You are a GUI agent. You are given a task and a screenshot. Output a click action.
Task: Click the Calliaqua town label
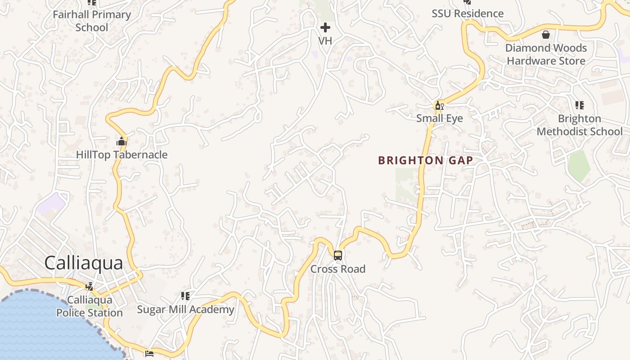coord(84,263)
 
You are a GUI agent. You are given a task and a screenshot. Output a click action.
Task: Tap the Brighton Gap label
coord(425,161)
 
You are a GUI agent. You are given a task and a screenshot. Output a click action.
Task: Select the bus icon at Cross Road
coord(338,256)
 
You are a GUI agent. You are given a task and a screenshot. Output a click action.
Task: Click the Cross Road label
coord(338,269)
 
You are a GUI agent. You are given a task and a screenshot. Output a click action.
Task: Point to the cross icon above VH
coord(325,28)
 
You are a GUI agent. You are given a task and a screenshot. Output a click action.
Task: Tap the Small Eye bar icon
coord(439,106)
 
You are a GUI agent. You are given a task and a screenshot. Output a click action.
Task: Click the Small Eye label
coord(440,118)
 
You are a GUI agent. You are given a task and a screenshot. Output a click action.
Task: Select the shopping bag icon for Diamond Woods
coord(546,35)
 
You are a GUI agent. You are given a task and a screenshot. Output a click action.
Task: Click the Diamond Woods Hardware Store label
coord(546,54)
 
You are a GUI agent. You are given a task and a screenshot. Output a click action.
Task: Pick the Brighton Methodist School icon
coord(580,105)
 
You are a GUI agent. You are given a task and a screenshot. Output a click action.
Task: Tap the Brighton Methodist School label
coord(580,125)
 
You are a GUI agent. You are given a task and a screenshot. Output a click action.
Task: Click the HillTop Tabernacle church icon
coord(121,142)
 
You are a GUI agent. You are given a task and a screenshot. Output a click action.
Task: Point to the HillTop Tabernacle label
coord(121,155)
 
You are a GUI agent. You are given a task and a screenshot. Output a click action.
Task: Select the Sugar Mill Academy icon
coord(185,296)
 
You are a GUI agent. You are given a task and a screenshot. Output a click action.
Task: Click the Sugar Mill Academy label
coord(185,310)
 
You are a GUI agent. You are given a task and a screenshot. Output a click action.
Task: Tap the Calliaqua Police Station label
coord(89,306)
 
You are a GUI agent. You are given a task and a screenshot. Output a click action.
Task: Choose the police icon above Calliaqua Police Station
coord(90,286)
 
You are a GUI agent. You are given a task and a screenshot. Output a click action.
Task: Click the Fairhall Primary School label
coord(92,21)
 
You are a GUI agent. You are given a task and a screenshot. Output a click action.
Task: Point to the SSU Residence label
coord(468,13)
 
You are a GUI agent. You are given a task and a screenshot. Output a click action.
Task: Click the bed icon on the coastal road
coord(149,353)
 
